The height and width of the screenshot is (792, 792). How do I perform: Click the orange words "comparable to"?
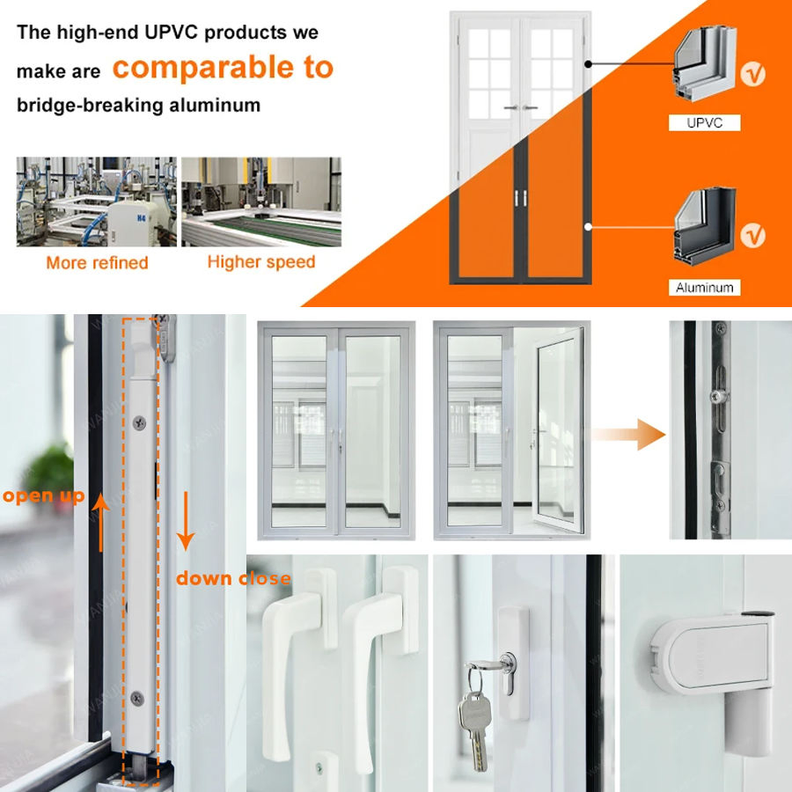coord(223,68)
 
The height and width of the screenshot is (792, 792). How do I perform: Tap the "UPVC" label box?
coord(704,123)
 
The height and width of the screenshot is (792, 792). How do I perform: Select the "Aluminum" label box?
coord(704,288)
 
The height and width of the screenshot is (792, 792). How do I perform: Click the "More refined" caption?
coord(97,262)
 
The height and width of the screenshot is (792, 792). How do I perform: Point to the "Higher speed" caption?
coord(260,261)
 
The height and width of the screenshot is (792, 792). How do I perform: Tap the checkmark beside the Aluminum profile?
coord(754,236)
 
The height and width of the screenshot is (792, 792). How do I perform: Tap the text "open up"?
coord(43,496)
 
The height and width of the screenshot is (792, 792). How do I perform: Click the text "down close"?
coord(232,578)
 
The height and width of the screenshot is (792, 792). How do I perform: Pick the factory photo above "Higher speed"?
coord(260,202)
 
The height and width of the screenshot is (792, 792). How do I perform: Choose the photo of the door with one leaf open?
coord(508,430)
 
